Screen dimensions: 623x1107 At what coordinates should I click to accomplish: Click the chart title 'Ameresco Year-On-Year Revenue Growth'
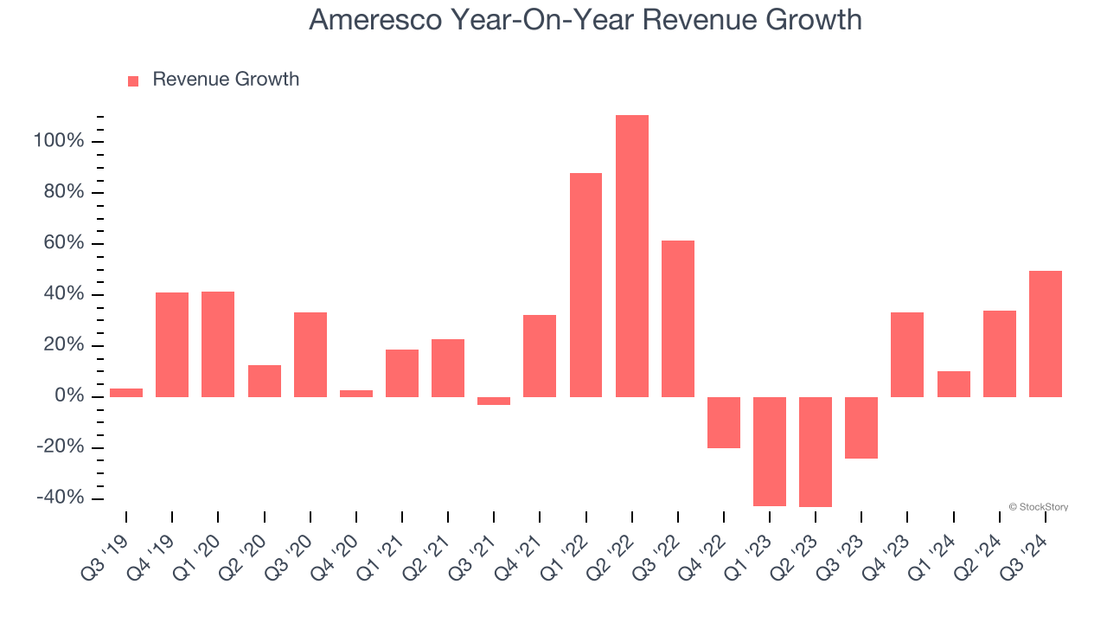click(585, 20)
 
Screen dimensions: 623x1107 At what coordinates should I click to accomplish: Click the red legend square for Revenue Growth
click(133, 81)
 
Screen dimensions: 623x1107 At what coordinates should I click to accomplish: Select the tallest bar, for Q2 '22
click(631, 256)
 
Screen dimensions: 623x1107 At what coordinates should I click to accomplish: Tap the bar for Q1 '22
click(585, 285)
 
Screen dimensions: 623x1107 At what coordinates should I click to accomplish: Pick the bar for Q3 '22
click(677, 318)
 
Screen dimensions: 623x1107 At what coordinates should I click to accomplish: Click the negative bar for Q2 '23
click(815, 452)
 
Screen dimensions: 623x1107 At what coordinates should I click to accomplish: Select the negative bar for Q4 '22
click(723, 422)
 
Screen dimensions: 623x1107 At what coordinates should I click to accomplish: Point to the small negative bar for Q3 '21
click(494, 401)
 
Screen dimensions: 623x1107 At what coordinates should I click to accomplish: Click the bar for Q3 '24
click(1045, 334)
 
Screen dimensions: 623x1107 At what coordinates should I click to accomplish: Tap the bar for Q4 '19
click(172, 344)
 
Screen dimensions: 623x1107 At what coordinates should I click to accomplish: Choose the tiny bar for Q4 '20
click(356, 394)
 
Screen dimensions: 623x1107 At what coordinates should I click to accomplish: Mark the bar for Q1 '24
click(953, 384)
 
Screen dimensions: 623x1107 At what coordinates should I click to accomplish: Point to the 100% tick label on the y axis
click(59, 141)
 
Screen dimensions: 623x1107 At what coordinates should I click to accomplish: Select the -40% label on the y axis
click(61, 498)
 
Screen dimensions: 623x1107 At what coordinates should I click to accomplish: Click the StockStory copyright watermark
click(1038, 507)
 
